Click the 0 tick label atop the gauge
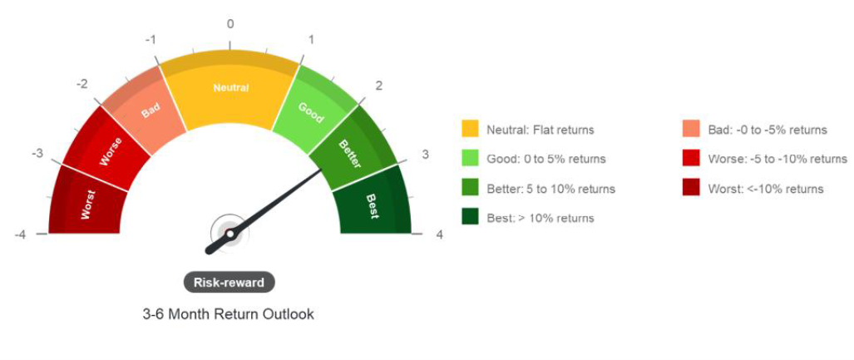230,24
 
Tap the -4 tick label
20,234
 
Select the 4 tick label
440,234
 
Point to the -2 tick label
82,85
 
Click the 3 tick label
426,154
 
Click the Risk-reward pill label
229,283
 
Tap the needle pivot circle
230,234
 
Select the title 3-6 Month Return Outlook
228,314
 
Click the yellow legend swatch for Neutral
470,130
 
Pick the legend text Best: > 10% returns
541,219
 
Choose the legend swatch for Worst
691,189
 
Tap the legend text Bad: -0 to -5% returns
768,130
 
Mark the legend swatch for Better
470,189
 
